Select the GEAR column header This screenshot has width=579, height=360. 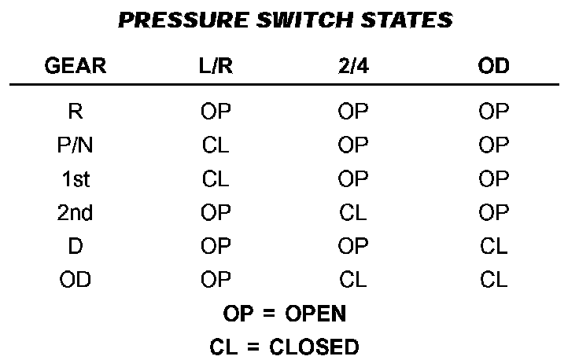coord(76,67)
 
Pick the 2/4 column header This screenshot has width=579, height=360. coord(352,67)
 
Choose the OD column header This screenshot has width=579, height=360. coord(493,67)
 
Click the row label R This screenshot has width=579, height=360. coord(76,112)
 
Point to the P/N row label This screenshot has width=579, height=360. coord(76,145)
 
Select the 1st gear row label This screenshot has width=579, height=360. coord(76,179)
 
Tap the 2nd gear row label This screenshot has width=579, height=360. coord(76,213)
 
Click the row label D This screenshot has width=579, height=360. coord(76,247)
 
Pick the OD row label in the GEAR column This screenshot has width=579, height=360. coord(76,281)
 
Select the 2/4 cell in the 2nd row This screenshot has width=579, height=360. coord(352,213)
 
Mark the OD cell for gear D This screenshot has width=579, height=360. coord(493,247)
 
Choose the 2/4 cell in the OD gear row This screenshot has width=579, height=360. coord(352,281)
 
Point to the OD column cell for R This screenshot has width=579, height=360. coord(493,112)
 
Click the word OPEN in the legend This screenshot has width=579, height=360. coord(315,314)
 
